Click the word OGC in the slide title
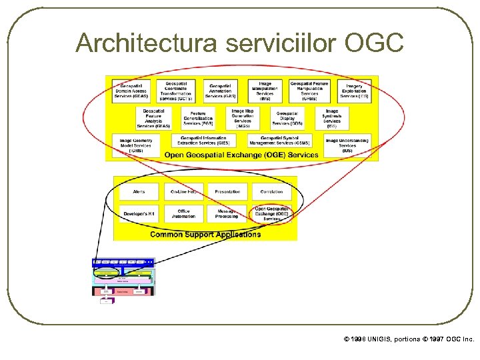[374, 43]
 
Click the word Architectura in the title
[146, 43]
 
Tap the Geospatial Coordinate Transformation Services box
[176, 91]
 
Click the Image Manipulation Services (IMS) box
[265, 91]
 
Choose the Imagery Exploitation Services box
[354, 91]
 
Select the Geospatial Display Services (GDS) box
[287, 118]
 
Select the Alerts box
[139, 192]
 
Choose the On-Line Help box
[184, 192]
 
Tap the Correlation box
[271, 192]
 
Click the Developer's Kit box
[139, 213]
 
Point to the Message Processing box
[227, 213]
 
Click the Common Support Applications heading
[205, 234]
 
